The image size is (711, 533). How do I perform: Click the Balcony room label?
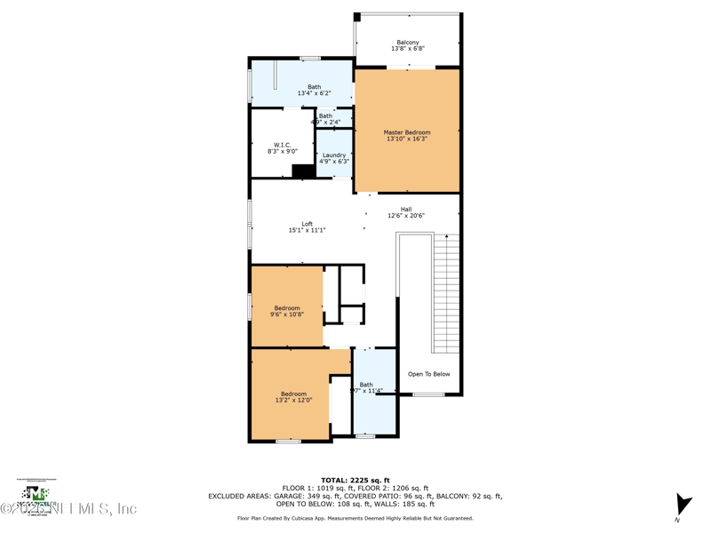tap(408, 43)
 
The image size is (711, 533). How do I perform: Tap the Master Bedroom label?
tap(407, 132)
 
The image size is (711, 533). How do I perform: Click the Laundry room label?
tap(334, 155)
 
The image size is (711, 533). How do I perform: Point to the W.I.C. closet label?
tap(282, 145)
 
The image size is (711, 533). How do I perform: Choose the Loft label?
tap(307, 224)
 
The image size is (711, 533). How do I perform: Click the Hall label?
tap(406, 210)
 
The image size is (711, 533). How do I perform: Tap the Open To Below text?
tap(428, 374)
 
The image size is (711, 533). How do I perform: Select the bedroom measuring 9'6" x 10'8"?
tap(287, 311)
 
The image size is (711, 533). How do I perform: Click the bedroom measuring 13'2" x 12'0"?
tap(293, 397)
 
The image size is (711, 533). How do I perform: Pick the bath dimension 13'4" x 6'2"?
tap(314, 93)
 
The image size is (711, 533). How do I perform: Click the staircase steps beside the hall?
tap(445, 293)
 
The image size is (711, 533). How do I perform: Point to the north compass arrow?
tap(683, 505)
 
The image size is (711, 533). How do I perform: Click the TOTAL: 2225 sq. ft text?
tap(355, 480)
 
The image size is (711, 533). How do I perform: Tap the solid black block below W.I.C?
tap(304, 171)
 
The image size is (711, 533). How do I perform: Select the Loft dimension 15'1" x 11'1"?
tap(307, 231)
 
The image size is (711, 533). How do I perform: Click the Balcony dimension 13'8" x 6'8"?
tap(408, 50)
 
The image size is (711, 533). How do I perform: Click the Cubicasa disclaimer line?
tap(355, 518)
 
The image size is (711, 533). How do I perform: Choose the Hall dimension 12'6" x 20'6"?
tap(406, 216)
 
